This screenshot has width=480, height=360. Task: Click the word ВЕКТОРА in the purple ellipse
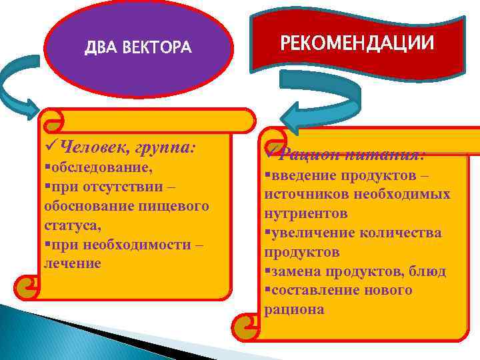click(x=158, y=48)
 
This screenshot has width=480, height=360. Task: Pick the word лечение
click(x=72, y=263)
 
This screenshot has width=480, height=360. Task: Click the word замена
click(x=290, y=271)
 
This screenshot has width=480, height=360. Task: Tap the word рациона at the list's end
click(x=294, y=310)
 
